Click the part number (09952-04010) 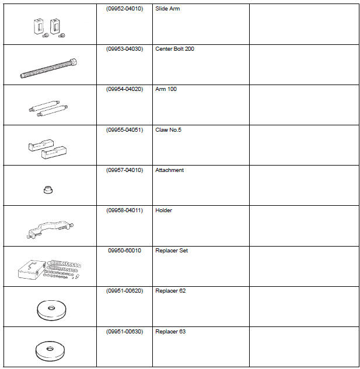[124, 9]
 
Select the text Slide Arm [167, 9]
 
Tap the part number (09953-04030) [124, 49]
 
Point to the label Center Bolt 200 [174, 49]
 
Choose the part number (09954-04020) [124, 89]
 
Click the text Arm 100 [166, 89]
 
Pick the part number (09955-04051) [124, 129]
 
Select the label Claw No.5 [168, 129]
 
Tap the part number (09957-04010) [124, 170]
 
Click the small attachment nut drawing [48, 190]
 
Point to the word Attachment [169, 170]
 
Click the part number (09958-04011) [124, 210]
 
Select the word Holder [163, 210]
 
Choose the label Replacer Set [171, 251]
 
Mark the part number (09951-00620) [124, 291]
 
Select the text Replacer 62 [170, 291]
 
